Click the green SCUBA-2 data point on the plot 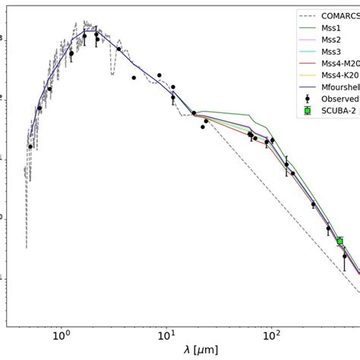click(x=339, y=242)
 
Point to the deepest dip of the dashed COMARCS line click(x=27, y=246)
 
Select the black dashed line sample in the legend click(x=308, y=14)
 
